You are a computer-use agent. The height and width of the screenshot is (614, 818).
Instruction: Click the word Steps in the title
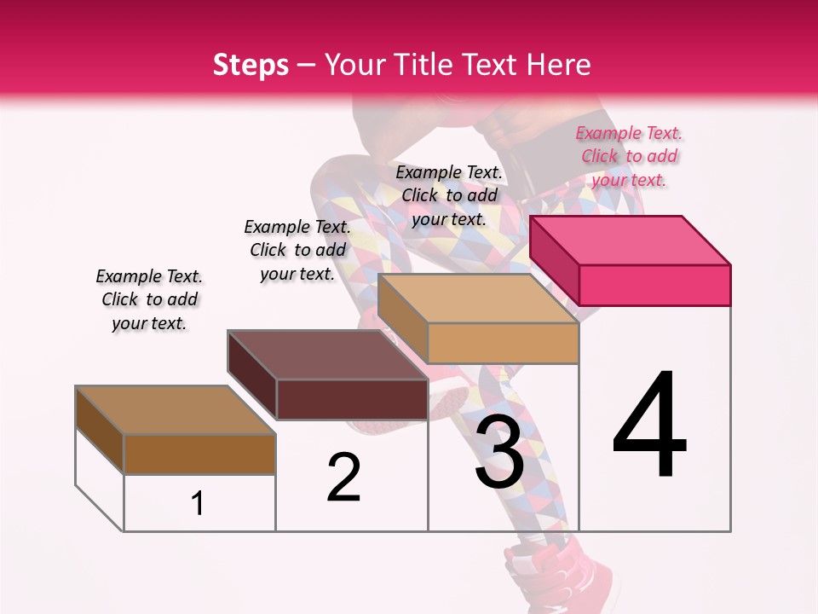point(251,66)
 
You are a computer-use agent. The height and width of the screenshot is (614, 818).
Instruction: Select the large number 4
point(650,426)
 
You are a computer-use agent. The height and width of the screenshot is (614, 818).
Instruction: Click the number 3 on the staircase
point(499,452)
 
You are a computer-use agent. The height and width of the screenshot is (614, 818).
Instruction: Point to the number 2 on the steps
point(344,478)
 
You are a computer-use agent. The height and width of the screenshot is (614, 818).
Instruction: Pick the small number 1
point(198,504)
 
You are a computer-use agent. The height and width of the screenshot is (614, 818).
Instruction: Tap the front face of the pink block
point(654,285)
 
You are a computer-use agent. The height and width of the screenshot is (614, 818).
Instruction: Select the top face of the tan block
point(477,298)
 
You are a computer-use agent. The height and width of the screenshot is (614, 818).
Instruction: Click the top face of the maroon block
point(327,354)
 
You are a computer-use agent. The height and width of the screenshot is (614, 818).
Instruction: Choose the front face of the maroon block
point(352,399)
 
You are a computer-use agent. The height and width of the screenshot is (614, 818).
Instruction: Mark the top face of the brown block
point(176,410)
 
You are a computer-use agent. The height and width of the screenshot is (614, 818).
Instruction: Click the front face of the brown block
point(199,454)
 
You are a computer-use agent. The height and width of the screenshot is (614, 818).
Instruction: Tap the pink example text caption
point(629,157)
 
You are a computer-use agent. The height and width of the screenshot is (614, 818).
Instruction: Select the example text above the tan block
point(449,196)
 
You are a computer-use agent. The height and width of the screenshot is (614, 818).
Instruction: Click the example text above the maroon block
point(297,250)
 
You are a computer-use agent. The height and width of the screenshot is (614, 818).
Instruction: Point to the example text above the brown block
point(149,300)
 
